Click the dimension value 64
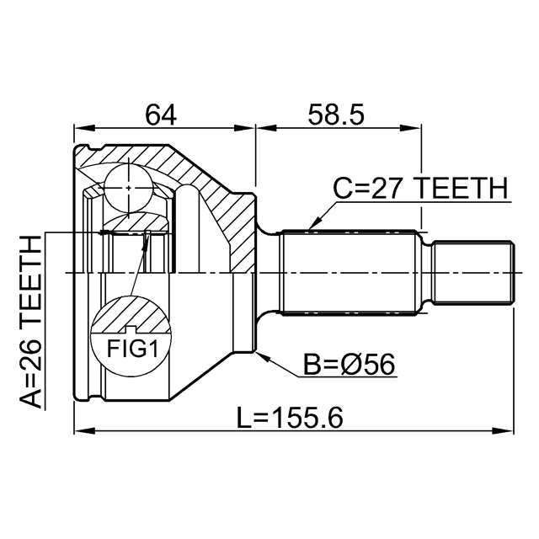[x=161, y=114]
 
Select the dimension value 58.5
[x=336, y=114]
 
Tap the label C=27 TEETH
[x=421, y=188]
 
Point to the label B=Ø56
[x=350, y=365]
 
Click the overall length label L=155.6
[x=290, y=418]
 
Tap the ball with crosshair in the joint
[x=128, y=188]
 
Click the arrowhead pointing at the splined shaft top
[x=313, y=224]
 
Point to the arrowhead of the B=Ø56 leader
[x=263, y=356]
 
